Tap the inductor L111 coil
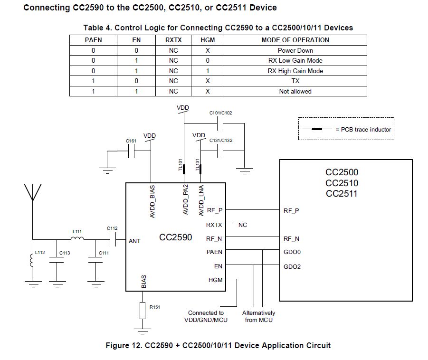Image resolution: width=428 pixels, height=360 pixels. coord(77,238)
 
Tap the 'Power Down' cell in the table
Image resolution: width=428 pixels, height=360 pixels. coord(295,50)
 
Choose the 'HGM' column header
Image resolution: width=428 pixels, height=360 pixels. coord(208,40)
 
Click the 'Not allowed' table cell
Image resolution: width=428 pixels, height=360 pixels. coord(295,91)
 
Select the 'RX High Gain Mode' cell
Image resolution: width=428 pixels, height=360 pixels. coord(295,71)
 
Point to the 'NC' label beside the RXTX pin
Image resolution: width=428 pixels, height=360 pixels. coord(243,225)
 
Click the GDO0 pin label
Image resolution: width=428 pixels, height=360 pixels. coord(292,252)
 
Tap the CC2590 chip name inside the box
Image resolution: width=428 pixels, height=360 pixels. coord(176,237)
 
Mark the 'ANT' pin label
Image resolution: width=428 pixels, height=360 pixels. coord(134,241)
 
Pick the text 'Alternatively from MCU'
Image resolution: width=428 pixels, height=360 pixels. coord(258,316)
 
